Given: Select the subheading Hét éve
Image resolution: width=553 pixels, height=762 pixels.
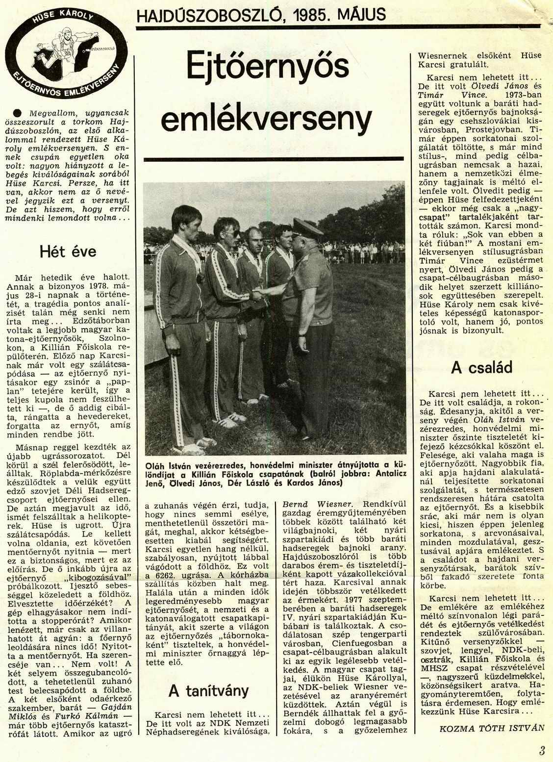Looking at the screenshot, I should (67, 252).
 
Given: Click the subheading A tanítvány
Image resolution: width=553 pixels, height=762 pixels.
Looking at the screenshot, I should (208, 690).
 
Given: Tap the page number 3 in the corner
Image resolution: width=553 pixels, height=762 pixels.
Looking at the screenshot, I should (541, 751).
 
